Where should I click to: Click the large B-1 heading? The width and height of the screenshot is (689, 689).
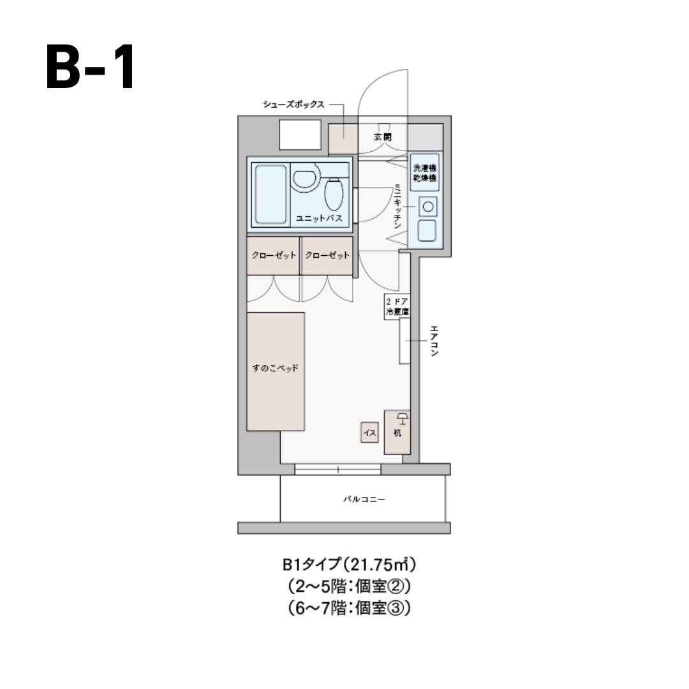(90, 67)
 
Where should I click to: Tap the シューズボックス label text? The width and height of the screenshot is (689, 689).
(293, 104)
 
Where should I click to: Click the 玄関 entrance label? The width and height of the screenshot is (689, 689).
(382, 137)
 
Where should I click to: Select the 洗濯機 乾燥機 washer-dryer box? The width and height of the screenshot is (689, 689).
(425, 172)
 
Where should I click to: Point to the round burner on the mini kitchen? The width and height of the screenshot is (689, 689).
(427, 207)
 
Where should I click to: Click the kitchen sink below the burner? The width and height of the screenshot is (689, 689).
(427, 231)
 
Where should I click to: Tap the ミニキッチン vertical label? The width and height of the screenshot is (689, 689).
(397, 206)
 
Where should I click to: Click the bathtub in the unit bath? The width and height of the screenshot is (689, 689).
(270, 194)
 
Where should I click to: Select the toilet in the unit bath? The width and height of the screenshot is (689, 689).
(334, 194)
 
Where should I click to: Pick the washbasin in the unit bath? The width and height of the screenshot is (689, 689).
(305, 177)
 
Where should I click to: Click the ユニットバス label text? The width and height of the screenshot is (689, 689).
(318, 218)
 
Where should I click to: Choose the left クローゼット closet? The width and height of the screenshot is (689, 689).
(273, 256)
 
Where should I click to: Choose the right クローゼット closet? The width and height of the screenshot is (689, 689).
(327, 256)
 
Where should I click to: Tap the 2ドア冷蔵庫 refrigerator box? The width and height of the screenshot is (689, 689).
(397, 307)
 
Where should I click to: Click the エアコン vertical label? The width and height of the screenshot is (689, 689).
(434, 341)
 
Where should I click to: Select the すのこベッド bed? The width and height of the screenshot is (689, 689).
(276, 372)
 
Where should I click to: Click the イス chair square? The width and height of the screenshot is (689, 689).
(369, 433)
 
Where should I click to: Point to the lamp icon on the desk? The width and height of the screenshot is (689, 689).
(403, 419)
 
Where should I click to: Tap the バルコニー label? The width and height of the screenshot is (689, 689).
(364, 500)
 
